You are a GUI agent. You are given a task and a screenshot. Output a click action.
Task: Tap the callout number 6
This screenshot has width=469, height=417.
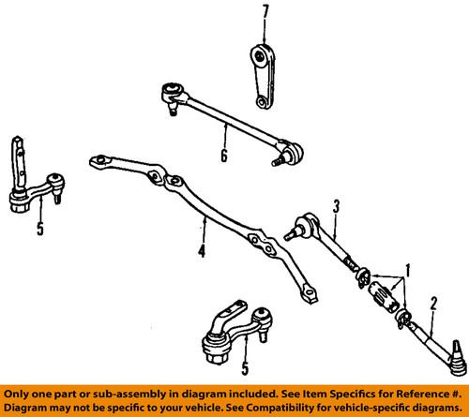coord(222,152)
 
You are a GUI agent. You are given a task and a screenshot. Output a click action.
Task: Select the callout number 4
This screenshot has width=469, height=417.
coord(201,252)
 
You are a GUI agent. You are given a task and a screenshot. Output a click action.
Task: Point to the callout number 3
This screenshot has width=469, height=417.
coord(334,204)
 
